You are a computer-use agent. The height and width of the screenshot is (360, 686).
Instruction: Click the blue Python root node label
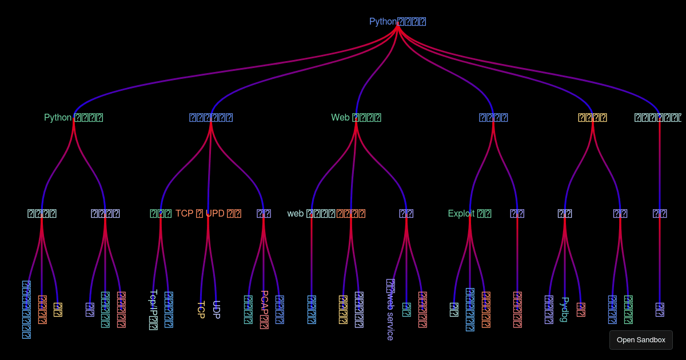coord(397,22)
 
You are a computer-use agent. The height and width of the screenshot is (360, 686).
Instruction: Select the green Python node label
coord(73,118)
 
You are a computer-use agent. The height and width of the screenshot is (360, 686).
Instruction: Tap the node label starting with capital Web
coord(356,118)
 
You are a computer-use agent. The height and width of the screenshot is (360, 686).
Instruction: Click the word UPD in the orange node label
coord(215,214)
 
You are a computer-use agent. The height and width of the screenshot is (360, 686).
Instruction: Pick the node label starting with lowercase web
coord(311,214)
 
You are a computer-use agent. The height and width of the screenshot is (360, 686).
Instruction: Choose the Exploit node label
coord(469,214)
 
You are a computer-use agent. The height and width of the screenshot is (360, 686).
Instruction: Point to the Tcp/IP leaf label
coord(153,309)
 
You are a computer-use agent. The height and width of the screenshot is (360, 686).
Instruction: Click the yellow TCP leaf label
coord(201,309)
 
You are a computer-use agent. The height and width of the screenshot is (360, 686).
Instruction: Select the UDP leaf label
coord(216,309)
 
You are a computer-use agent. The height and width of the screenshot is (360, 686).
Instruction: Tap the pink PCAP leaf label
coord(264,309)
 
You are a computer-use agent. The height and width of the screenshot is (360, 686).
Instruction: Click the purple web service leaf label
coord(390,309)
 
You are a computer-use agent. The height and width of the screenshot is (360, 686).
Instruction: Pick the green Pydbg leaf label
coord(565,309)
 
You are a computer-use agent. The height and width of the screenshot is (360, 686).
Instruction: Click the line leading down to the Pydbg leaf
coord(565,263)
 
